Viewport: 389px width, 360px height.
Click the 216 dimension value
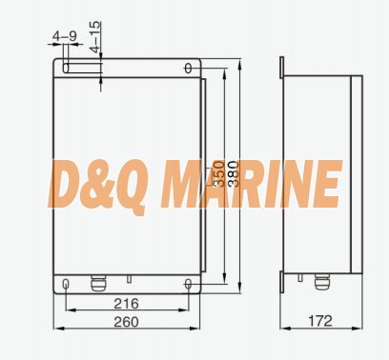[x=126, y=304]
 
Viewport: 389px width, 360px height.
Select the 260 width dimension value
[x=126, y=322]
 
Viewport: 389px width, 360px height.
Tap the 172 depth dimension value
[x=320, y=321]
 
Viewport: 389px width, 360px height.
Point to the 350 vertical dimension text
[x=218, y=173]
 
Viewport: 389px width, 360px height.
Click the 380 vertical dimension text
[x=233, y=173]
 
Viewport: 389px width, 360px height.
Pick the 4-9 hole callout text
[x=65, y=36]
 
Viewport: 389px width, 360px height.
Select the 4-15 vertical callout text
[x=95, y=37]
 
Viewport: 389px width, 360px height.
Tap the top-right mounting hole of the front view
[x=188, y=69]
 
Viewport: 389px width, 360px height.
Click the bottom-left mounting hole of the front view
[x=66, y=284]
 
